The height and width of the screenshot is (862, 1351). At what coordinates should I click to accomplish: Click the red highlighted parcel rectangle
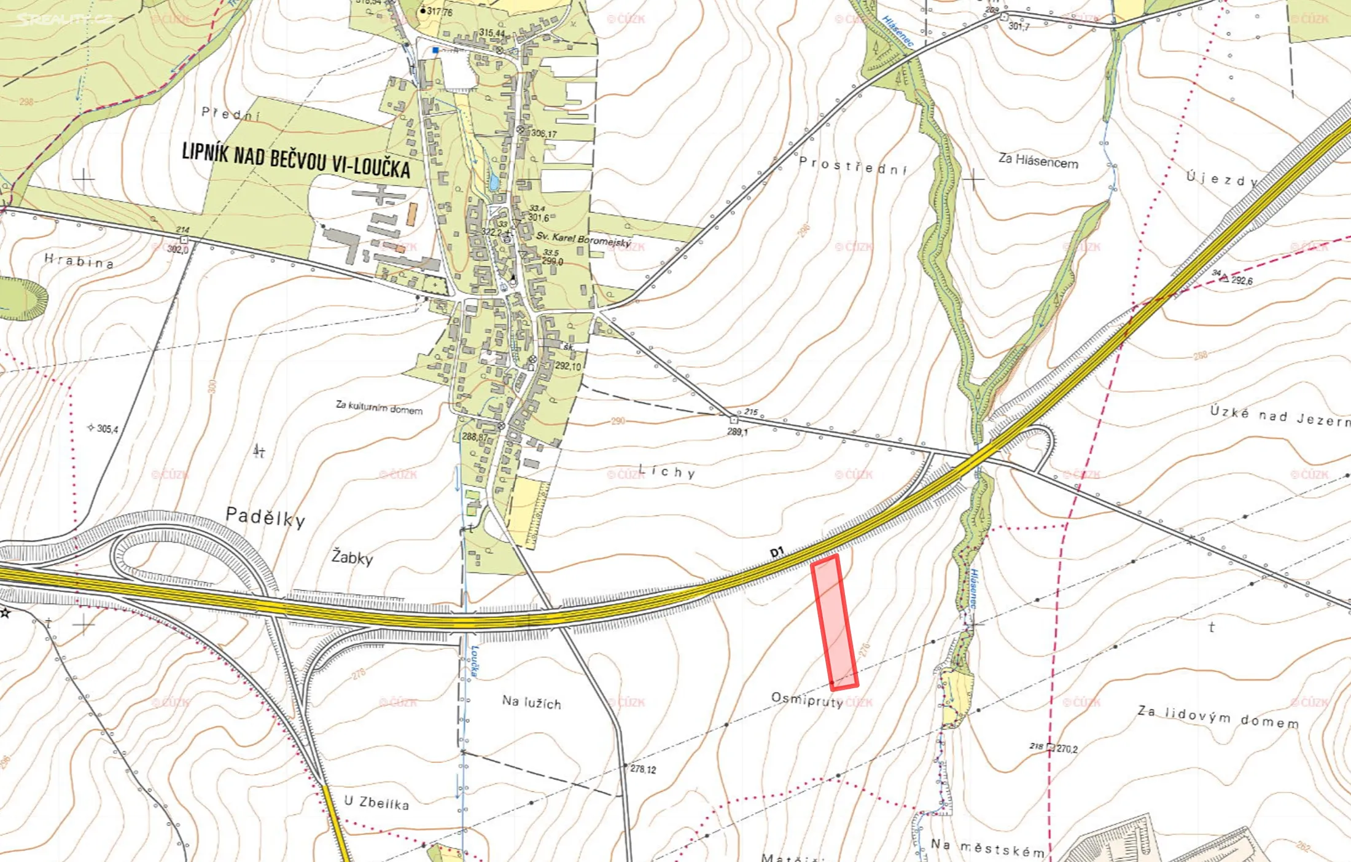pyautogui.click(x=835, y=622)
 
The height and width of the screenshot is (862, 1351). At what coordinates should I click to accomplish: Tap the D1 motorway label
pyautogui.click(x=777, y=552)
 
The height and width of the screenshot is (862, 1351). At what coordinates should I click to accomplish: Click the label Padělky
pyautogui.click(x=265, y=517)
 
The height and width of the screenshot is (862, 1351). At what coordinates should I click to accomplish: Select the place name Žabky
pyautogui.click(x=352, y=557)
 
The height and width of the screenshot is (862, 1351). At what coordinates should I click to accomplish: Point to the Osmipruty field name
pyautogui.click(x=806, y=700)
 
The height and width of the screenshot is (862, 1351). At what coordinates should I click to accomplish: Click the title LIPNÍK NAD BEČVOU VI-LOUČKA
pyautogui.click(x=295, y=160)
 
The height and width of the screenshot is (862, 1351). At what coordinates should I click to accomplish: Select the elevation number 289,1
pyautogui.click(x=737, y=432)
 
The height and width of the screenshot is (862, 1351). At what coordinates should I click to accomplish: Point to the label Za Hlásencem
pyautogui.click(x=1038, y=162)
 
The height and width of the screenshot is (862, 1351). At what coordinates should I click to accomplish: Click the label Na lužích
pyautogui.click(x=531, y=702)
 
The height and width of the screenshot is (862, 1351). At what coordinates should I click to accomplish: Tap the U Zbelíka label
pyautogui.click(x=376, y=803)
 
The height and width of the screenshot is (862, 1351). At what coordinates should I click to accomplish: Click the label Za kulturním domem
pyautogui.click(x=379, y=408)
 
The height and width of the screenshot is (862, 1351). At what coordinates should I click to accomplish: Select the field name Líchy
pyautogui.click(x=667, y=472)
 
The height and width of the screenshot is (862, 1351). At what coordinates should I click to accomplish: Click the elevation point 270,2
pyautogui.click(x=1066, y=749)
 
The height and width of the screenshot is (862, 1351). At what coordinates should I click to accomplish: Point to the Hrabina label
pyautogui.click(x=79, y=262)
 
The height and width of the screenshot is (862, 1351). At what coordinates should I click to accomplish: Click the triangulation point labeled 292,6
pyautogui.click(x=1224, y=278)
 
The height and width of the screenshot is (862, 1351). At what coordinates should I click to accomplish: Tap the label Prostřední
pyautogui.click(x=853, y=165)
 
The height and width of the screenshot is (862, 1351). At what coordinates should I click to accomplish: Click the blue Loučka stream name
pyautogui.click(x=475, y=661)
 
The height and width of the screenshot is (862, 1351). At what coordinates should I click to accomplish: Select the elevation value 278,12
pyautogui.click(x=642, y=769)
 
